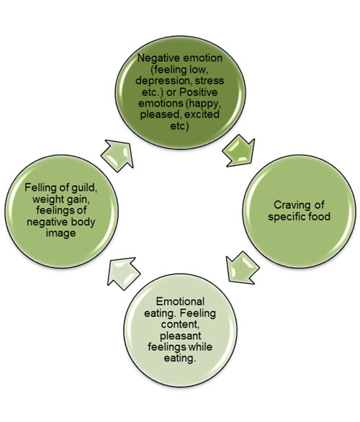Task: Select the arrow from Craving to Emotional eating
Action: click(x=243, y=268)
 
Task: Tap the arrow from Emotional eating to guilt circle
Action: click(x=124, y=274)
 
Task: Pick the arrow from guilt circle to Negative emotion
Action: click(x=118, y=156)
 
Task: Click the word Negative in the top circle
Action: click(x=158, y=58)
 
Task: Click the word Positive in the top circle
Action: click(x=199, y=92)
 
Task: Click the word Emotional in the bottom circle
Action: click(x=180, y=301)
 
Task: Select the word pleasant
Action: click(x=180, y=336)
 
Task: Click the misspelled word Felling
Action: click(x=38, y=187)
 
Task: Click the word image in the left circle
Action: click(x=60, y=233)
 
